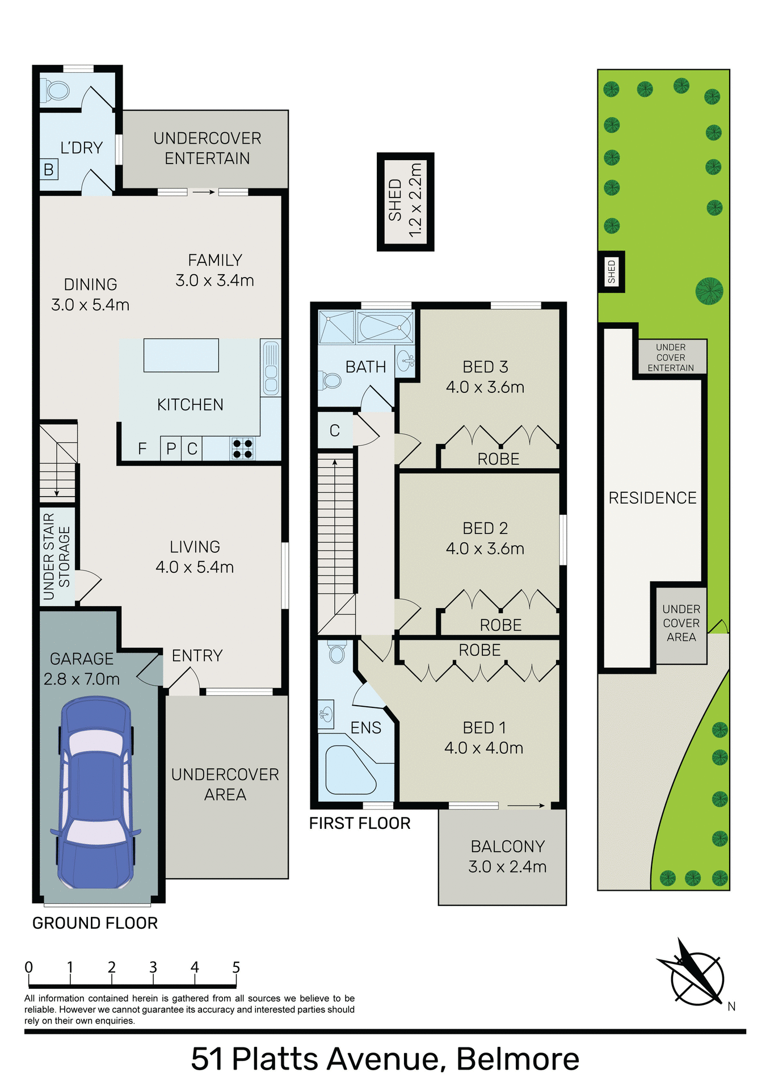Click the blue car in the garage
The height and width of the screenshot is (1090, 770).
click(96, 794)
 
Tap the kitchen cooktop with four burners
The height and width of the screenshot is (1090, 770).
click(242, 448)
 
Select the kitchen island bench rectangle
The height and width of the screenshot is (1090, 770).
click(181, 355)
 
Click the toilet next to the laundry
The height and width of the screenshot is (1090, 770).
click(55, 91)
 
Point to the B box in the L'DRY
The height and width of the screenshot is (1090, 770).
click(49, 169)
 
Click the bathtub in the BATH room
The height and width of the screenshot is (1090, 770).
click(385, 327)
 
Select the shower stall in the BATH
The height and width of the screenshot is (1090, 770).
click(336, 327)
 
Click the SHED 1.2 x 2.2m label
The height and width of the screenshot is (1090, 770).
click(405, 201)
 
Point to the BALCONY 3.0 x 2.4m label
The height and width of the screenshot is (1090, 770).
click(507, 856)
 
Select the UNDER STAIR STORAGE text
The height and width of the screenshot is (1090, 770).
click(57, 556)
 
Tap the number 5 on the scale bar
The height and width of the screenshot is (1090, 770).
click(236, 967)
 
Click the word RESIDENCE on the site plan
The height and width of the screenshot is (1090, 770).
click(653, 498)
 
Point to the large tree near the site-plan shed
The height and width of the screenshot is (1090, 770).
click(709, 291)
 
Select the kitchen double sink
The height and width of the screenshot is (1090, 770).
click(271, 368)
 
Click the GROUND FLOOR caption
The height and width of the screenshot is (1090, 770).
click(95, 923)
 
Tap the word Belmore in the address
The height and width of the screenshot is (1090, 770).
click(517, 1059)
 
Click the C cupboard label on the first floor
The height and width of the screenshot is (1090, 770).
click(335, 431)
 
